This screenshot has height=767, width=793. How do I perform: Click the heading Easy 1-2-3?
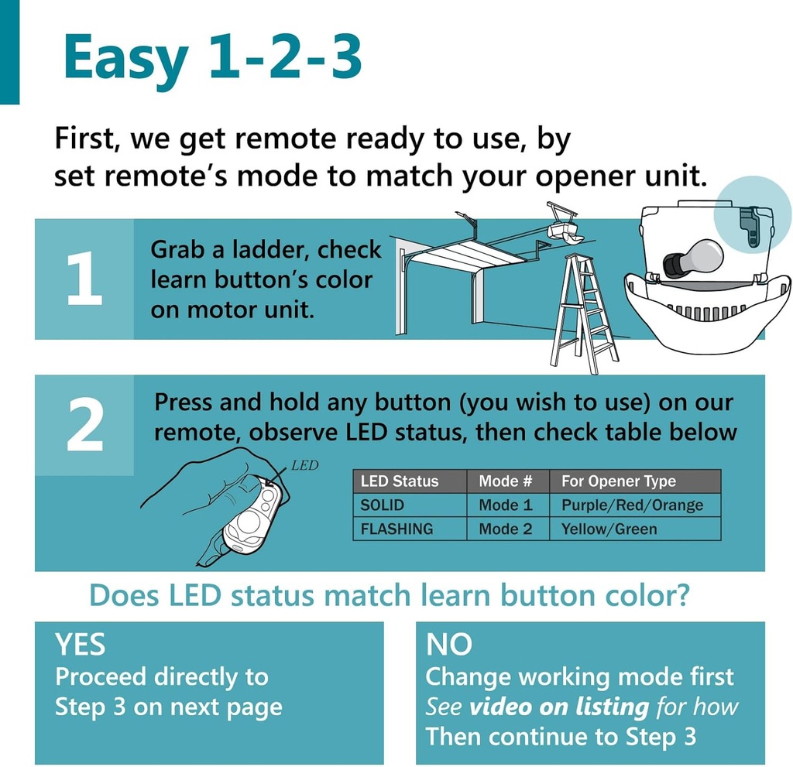tap(212, 58)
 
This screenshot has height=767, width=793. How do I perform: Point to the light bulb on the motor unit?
tap(693, 259)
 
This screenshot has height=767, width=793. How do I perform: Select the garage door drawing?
tap(457, 279)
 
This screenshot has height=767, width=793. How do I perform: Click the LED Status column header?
tap(400, 481)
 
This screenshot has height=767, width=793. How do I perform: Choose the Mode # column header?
tap(506, 481)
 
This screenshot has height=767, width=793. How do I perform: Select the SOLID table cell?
tap(383, 505)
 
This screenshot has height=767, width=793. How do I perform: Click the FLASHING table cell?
tap(396, 529)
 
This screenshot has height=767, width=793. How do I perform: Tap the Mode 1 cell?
tap(506, 505)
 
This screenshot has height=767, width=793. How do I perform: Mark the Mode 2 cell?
tap(506, 529)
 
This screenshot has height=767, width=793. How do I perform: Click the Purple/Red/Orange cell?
tap(632, 505)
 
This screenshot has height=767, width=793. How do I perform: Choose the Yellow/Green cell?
tap(609, 529)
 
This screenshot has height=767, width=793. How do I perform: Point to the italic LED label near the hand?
tap(304, 467)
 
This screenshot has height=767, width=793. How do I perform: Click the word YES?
tap(80, 645)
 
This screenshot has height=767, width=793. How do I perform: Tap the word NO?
tap(448, 645)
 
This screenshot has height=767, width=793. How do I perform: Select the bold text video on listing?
tap(559, 707)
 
